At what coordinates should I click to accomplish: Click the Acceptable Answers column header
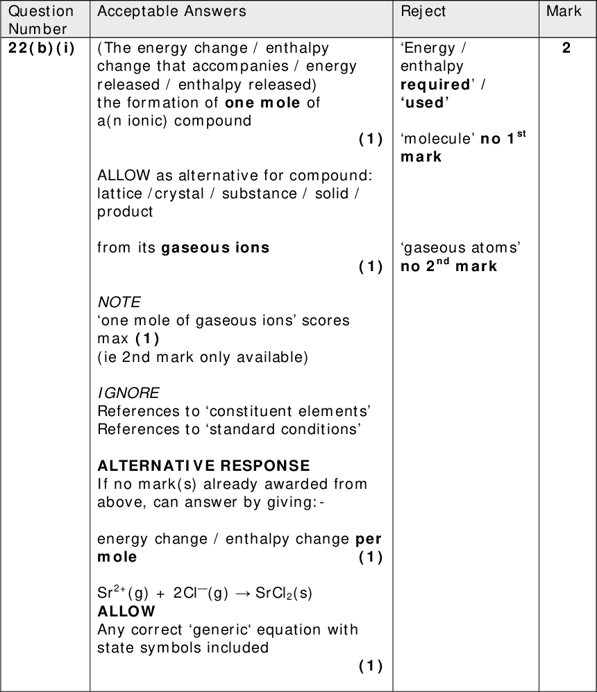pos(171,11)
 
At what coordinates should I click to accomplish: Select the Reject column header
pos(423,11)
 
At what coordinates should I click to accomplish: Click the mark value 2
pos(566,49)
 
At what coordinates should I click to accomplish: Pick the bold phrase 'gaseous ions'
pos(215,248)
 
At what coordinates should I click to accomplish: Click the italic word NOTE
pos(119,302)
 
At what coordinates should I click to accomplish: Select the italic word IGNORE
pos(128,393)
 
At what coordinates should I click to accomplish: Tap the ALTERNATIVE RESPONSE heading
pos(203,465)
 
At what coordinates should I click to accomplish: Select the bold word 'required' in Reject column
pos(435,85)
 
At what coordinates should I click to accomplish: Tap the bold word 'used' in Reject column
pos(425,103)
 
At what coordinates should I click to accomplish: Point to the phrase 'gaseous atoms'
pos(461,248)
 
